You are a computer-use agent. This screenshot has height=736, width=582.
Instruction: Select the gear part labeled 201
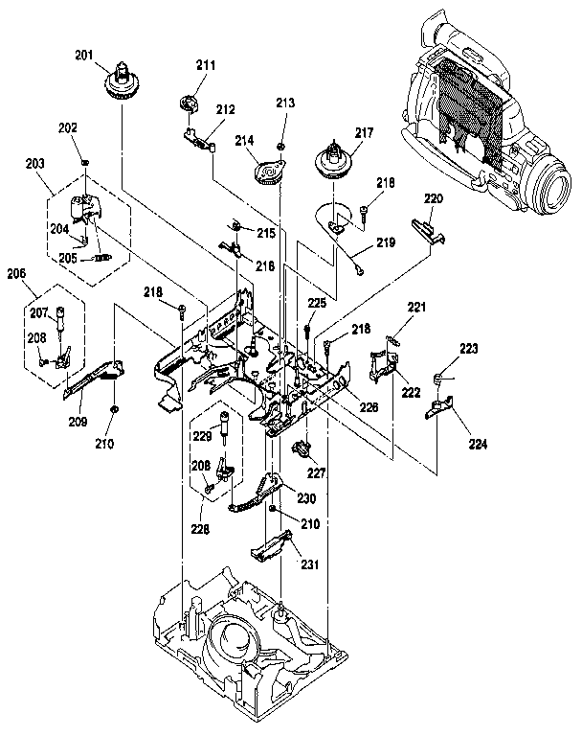point(122,84)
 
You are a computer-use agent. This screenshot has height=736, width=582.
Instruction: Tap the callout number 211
point(205,65)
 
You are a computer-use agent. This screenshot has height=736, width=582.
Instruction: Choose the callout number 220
point(434,198)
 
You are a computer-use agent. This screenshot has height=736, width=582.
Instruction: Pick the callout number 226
point(369,406)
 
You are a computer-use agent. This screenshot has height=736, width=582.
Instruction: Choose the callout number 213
point(285,103)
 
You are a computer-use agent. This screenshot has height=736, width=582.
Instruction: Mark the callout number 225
point(316,304)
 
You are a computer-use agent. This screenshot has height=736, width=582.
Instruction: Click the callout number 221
point(415,308)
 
